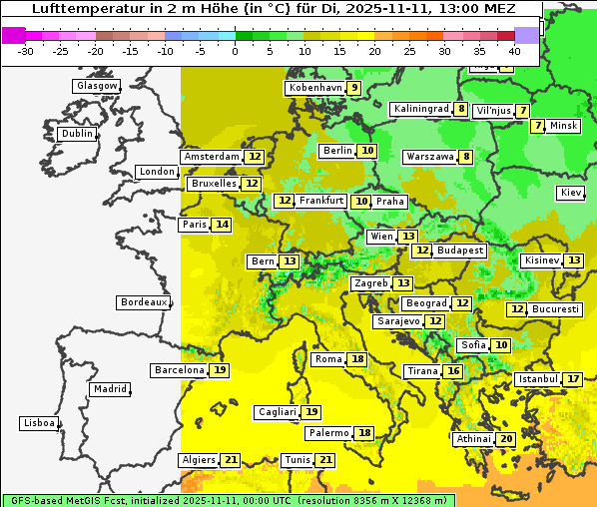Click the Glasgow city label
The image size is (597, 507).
tap(96, 86)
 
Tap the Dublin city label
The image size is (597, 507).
tap(76, 134)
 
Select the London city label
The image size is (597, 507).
tap(157, 172)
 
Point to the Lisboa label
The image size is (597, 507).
tap(39, 423)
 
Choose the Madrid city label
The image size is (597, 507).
tap(109, 389)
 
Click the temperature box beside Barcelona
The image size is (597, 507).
tap(220, 370)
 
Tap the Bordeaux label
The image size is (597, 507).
tap(143, 302)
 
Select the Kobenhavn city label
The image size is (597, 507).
tap(314, 88)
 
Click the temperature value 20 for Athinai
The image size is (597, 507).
tap(506, 439)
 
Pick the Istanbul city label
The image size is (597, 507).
tap(537, 379)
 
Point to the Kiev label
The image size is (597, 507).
tap(571, 193)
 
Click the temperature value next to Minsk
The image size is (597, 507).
tap(538, 126)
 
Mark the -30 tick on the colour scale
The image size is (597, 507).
tap(26, 50)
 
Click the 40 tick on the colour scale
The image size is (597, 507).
tap(514, 50)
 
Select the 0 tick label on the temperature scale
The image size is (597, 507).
tap(235, 50)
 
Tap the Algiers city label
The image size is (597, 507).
tap(199, 460)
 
